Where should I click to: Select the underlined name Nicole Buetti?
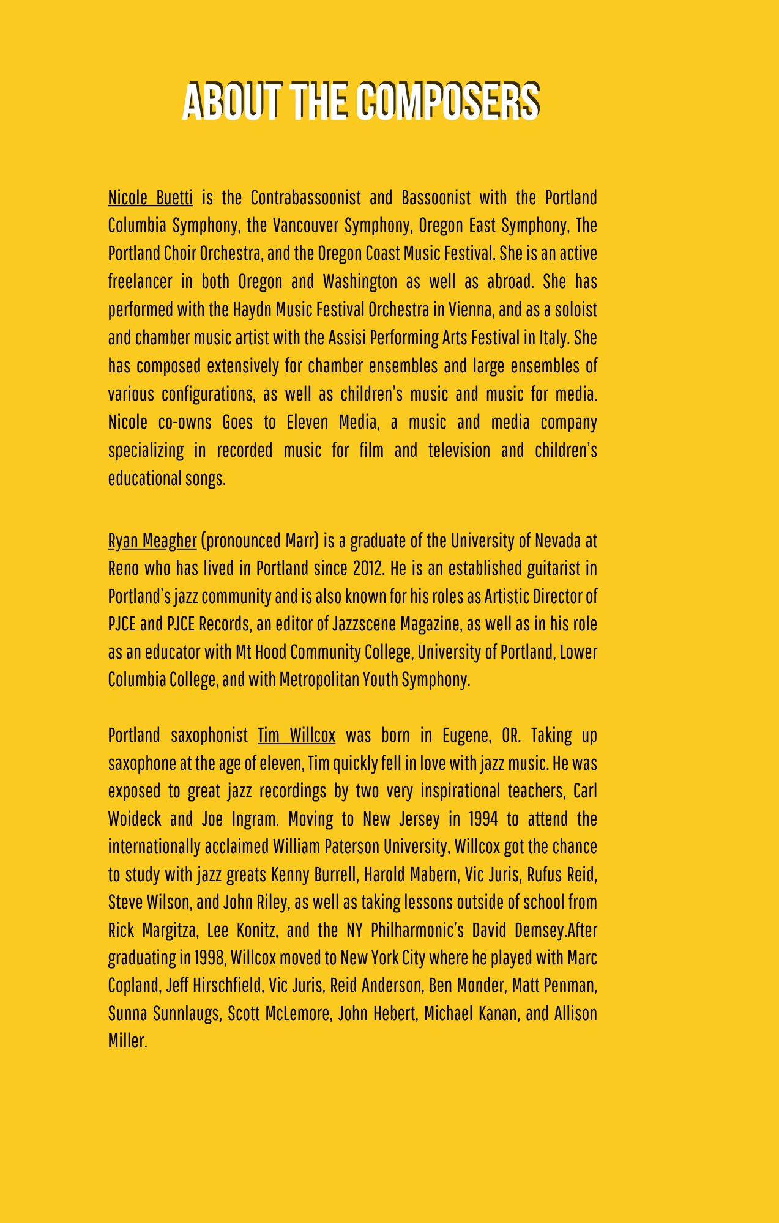(151, 198)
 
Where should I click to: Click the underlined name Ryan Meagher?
(152, 541)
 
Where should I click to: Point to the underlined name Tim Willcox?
(296, 735)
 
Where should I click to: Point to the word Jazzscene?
(367, 624)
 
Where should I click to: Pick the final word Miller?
(127, 1041)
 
